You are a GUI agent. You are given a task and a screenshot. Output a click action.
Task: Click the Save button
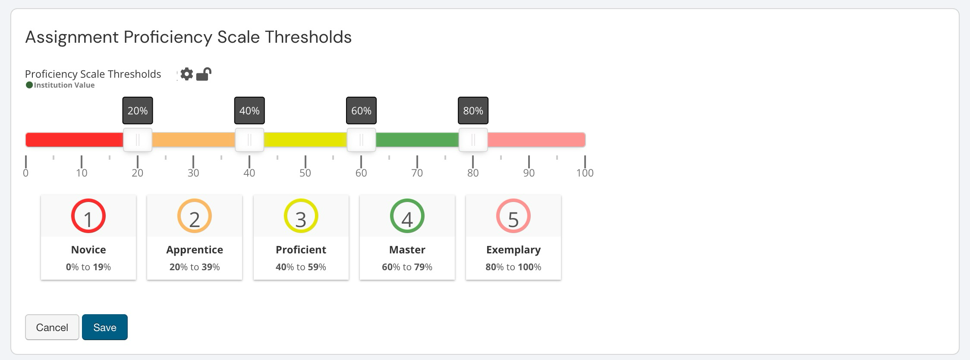104,327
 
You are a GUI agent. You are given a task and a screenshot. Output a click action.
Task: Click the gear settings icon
186,74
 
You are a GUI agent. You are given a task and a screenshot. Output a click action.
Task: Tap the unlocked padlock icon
204,74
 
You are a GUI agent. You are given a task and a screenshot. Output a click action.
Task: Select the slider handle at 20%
138,140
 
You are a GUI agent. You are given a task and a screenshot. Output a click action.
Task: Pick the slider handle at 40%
249,140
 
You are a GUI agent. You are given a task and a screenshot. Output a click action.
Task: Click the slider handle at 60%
361,140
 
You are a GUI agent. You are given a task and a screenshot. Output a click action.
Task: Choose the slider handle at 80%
473,140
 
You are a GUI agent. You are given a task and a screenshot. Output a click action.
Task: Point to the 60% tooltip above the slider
361,111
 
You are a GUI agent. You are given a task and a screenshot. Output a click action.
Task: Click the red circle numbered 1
88,216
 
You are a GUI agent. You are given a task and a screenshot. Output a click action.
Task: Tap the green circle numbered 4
407,216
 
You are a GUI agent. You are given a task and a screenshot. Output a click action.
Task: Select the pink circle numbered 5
513,216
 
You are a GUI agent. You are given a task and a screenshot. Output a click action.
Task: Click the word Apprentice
195,249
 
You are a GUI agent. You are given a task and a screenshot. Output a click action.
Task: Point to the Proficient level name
301,249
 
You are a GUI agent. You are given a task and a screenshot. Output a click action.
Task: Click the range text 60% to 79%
407,267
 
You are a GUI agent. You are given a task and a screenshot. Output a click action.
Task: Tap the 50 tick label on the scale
305,173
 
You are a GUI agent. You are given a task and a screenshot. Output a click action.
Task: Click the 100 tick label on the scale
585,173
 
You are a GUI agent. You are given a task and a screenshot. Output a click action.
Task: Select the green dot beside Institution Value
29,85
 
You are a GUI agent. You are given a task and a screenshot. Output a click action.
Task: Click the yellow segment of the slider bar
305,140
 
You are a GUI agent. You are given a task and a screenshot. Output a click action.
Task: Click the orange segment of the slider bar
193,140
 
